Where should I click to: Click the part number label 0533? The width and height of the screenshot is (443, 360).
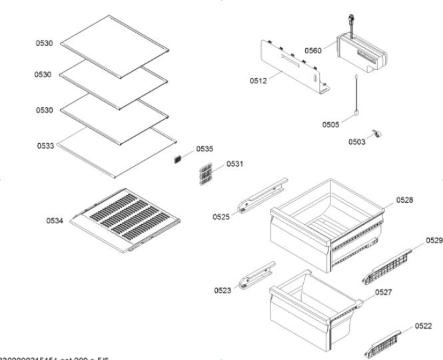[45, 144]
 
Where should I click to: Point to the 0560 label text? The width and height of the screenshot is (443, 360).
[313, 50]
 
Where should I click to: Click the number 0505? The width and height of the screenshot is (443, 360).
[330, 124]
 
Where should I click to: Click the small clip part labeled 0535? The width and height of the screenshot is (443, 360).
[178, 159]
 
